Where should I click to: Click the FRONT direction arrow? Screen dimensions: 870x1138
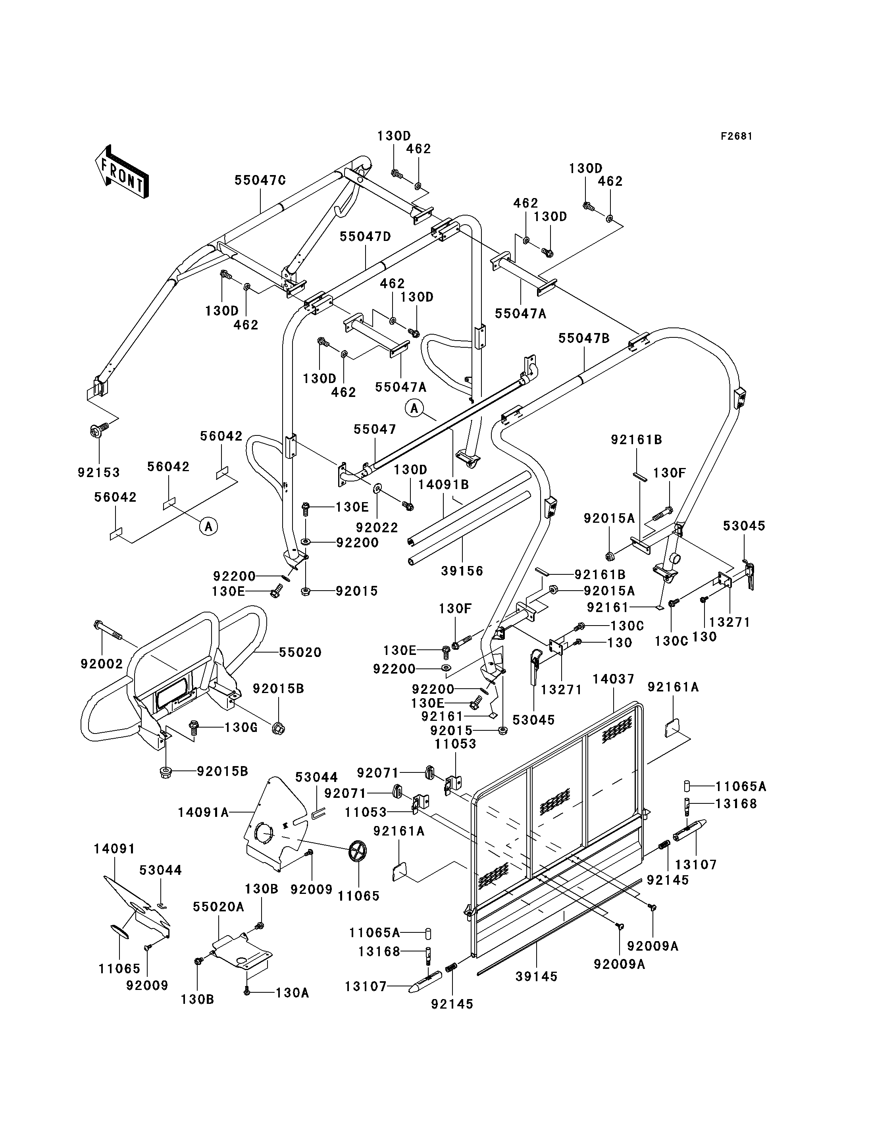(122, 171)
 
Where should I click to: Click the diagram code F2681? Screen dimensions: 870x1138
(736, 136)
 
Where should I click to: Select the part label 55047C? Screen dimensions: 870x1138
(260, 180)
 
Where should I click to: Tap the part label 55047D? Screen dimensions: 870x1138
(365, 237)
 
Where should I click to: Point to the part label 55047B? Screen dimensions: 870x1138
(584, 338)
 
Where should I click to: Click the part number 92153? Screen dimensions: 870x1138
(99, 472)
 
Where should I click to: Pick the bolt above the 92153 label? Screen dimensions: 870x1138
(99, 429)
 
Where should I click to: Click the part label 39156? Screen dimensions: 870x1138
(462, 571)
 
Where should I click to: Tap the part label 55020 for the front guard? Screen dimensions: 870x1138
(300, 652)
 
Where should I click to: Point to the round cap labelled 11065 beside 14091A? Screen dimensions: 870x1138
(357, 851)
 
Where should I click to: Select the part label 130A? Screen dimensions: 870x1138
(293, 993)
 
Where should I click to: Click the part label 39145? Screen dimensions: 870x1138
(537, 976)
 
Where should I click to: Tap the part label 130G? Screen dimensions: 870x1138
(241, 727)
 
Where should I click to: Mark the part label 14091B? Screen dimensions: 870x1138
(443, 484)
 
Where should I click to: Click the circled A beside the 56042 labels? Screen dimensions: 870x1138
(209, 527)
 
